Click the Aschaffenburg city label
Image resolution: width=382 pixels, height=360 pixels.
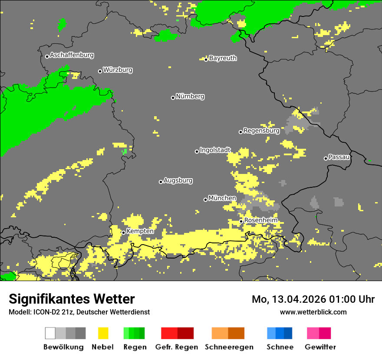pos(72,56)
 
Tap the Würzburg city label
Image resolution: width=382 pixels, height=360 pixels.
pos(118,70)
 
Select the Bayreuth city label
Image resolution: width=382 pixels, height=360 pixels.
pos(223,58)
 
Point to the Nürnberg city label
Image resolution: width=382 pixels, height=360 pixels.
pos(190,96)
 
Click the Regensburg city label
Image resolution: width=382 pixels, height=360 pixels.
pos(261,131)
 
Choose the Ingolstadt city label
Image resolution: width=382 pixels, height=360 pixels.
pos(215,150)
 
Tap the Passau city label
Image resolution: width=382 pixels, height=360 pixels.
pos(339,157)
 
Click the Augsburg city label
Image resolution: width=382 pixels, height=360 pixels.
pos(178,180)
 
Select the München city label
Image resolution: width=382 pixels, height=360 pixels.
pos(222,198)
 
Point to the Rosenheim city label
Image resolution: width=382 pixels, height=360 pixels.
pos(260,220)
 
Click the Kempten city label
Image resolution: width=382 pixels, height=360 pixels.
pos(140,231)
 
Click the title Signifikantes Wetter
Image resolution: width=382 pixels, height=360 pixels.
pos(72,299)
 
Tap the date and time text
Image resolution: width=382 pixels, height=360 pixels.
pos(313,299)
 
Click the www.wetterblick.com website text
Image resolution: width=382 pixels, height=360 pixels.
pos(313,312)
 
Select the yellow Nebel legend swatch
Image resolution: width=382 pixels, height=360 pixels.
pos(103,333)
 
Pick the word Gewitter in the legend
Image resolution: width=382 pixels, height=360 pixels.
pos(320,347)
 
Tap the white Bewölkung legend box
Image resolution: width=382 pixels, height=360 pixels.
pos(50,333)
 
